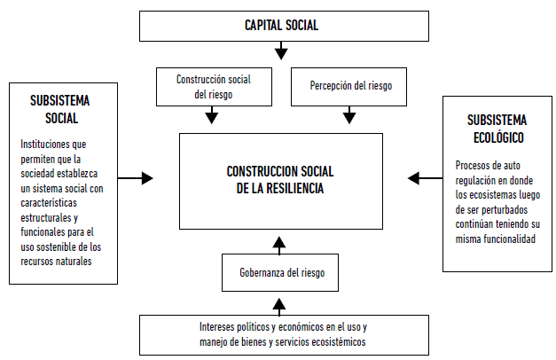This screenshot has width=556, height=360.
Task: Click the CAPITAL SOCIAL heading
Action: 281,25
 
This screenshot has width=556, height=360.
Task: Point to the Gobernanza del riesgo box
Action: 280,273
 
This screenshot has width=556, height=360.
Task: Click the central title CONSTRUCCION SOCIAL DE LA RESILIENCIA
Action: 280,179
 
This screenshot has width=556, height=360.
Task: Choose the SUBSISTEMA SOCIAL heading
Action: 61,108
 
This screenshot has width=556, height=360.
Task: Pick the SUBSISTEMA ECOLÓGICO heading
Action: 497,129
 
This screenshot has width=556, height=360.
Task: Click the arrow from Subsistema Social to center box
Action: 135,178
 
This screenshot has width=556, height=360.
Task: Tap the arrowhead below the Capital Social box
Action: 281,52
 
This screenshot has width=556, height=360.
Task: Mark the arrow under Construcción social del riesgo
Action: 211,116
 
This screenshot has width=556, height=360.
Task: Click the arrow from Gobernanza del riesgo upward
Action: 280,242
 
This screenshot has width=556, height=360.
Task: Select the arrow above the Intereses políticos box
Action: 280,305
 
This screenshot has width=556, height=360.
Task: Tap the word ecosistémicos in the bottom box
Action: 335,341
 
